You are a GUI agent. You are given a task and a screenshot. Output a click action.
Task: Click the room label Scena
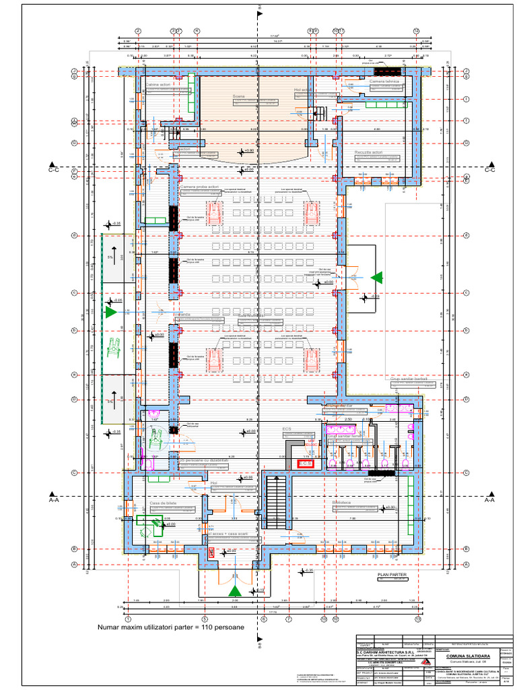[239, 96]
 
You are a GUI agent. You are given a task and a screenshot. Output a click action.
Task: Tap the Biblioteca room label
[343, 503]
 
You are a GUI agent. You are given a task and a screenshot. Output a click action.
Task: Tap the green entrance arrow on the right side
[377, 276]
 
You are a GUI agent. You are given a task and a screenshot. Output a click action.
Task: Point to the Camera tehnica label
[384, 81]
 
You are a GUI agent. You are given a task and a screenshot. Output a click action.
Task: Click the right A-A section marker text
[489, 501]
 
